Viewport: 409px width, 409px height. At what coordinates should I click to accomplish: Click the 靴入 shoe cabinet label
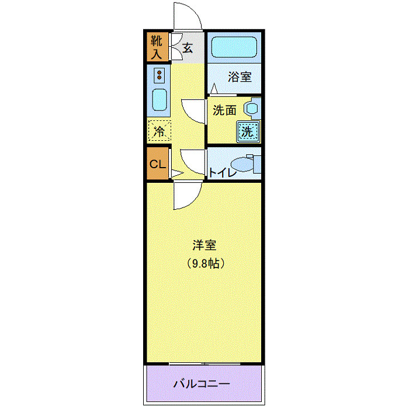(157, 47)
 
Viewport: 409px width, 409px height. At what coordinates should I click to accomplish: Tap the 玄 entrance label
(188, 48)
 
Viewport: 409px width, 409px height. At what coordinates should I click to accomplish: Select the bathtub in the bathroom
(234, 48)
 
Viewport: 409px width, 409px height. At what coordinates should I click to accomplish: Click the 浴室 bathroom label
(240, 77)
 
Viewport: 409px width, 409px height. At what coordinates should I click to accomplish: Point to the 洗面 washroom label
(224, 109)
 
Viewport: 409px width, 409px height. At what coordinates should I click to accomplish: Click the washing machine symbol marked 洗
(248, 131)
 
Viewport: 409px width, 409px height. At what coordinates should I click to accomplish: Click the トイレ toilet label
(223, 172)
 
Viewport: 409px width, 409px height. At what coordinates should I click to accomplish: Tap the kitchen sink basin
(160, 100)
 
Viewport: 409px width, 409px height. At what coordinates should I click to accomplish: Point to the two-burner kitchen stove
(159, 75)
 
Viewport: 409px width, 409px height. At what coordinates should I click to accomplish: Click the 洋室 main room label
(204, 245)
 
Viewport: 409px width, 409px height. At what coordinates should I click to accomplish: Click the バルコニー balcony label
(202, 384)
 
